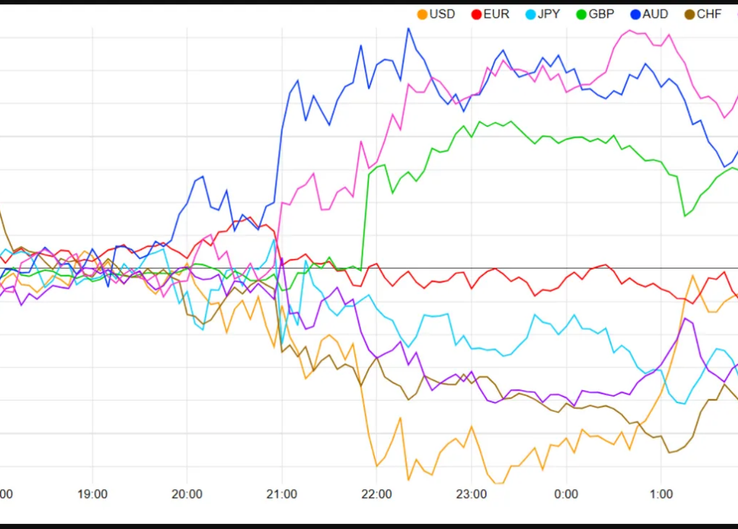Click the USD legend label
click(442, 14)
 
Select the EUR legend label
click(496, 14)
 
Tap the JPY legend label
click(548, 14)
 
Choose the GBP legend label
click(601, 14)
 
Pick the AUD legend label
click(656, 14)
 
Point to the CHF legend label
click(709, 14)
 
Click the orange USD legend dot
click(423, 14)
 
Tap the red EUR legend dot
click(476, 14)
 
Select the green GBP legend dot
click(582, 14)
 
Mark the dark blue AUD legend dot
click(635, 14)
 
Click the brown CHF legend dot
click(690, 14)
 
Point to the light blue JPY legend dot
click(530, 14)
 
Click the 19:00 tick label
click(93, 494)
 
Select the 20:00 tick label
click(187, 494)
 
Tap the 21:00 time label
click(281, 494)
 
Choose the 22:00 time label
click(376, 494)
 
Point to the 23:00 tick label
click(471, 494)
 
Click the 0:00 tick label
click(566, 494)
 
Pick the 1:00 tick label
click(661, 494)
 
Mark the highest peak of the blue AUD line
click(408, 29)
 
